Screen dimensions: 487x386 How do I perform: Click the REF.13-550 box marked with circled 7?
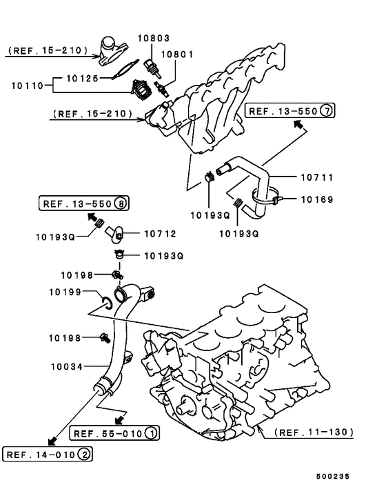[290, 110]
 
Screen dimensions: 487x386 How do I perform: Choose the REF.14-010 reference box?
[48, 454]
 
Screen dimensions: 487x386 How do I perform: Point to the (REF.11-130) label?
[314, 433]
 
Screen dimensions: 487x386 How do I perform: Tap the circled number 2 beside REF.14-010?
[83, 454]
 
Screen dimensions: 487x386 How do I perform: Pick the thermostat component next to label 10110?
[142, 88]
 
